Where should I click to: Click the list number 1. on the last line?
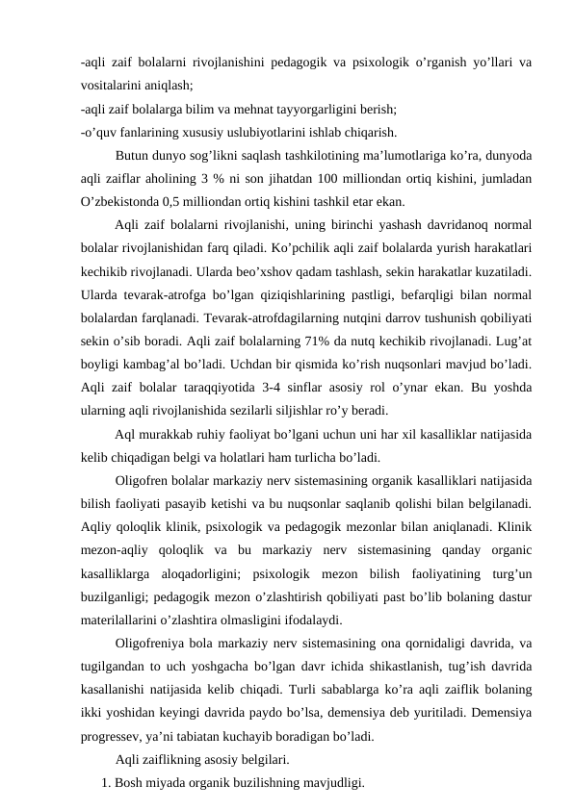pos(106,782)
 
